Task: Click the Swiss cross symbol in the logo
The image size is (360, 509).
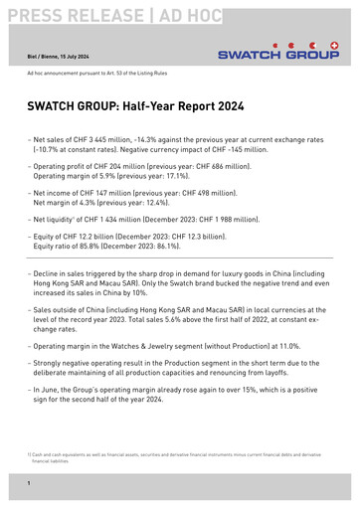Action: [332, 45]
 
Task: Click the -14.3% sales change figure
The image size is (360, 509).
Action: [153, 142]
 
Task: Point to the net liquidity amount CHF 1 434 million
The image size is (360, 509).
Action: [125, 217]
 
